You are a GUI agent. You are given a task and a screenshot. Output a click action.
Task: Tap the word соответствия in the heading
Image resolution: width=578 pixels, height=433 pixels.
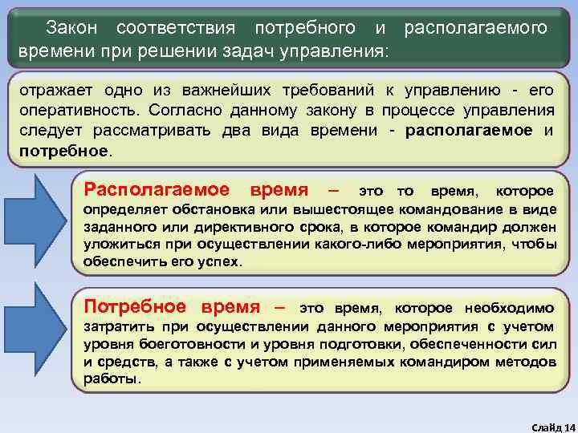click(x=175, y=28)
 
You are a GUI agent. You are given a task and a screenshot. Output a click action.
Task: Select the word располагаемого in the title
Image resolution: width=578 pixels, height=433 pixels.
click(x=476, y=28)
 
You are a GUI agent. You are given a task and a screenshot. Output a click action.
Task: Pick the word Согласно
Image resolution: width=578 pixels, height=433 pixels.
click(x=181, y=110)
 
